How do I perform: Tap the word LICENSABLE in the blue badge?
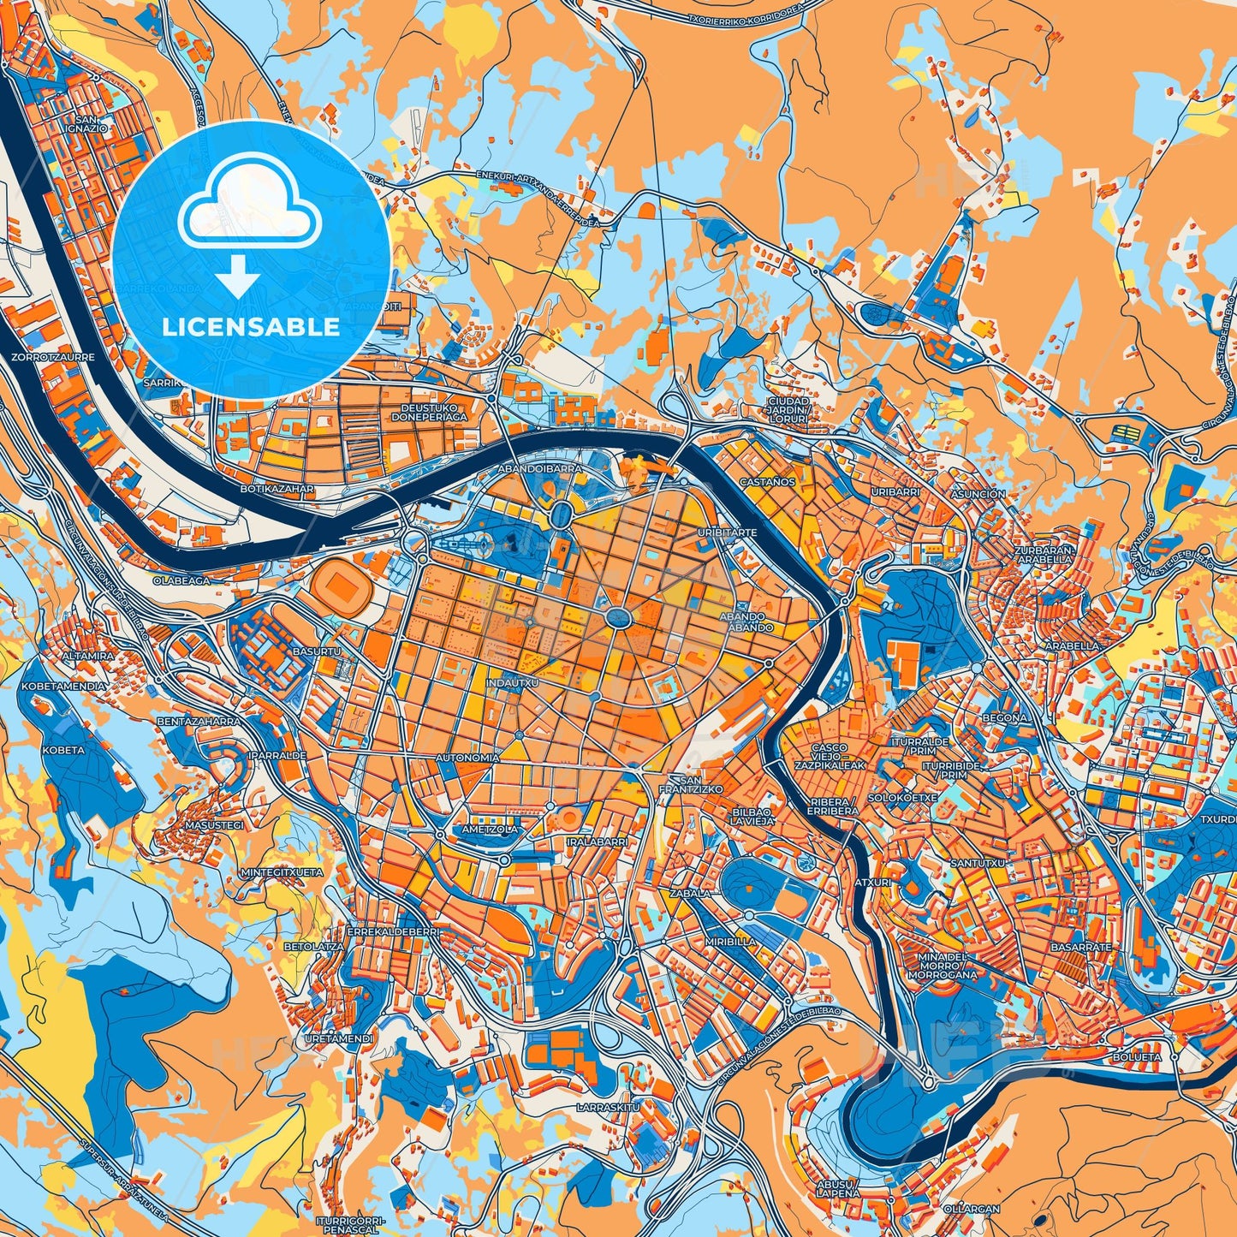pos(251,326)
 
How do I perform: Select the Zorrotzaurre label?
pos(53,356)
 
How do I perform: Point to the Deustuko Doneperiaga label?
pos(430,413)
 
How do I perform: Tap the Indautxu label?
pos(512,683)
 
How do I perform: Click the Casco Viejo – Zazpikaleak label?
pos(830,758)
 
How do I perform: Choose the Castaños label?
pos(768,482)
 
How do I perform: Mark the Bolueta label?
pos(1137,1057)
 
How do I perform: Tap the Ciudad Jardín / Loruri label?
pos(788,410)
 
